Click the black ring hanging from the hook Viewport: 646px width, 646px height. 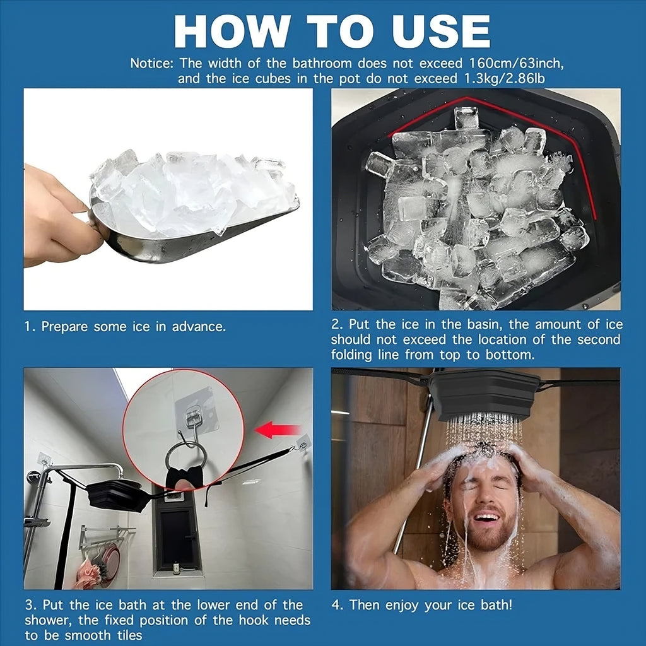coord(185,459)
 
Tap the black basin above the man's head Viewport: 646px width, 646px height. coord(484,393)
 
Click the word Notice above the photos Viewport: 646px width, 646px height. coord(151,63)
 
